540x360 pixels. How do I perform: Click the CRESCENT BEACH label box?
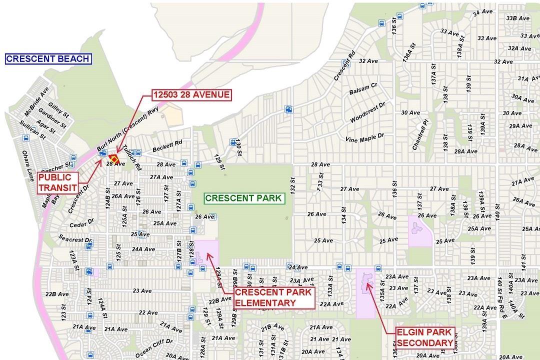pos(48,59)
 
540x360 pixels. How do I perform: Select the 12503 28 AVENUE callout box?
pos(192,95)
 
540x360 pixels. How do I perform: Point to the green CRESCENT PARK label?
pos(244,198)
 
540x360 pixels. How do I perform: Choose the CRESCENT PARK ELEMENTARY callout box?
pos(273,297)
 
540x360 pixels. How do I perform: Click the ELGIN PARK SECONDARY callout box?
pos(424,337)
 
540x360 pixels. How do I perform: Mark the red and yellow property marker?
pos(113,158)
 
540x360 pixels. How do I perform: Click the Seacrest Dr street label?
pos(75,239)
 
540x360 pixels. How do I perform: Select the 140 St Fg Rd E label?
pos(501,295)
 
